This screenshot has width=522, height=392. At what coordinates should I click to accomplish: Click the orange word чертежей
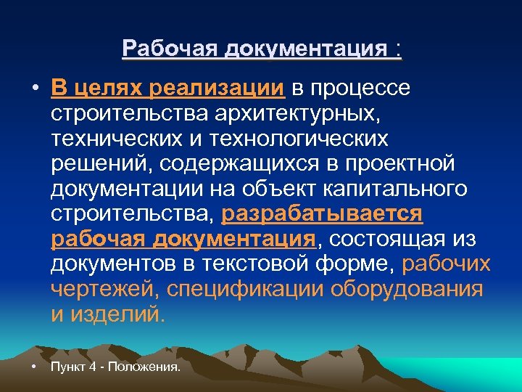pos(103,290)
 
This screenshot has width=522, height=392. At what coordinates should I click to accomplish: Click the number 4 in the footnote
pos(91,367)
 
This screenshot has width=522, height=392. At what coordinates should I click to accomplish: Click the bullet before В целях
pos(34,89)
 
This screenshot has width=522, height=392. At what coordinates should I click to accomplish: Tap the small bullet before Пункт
pos(34,367)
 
